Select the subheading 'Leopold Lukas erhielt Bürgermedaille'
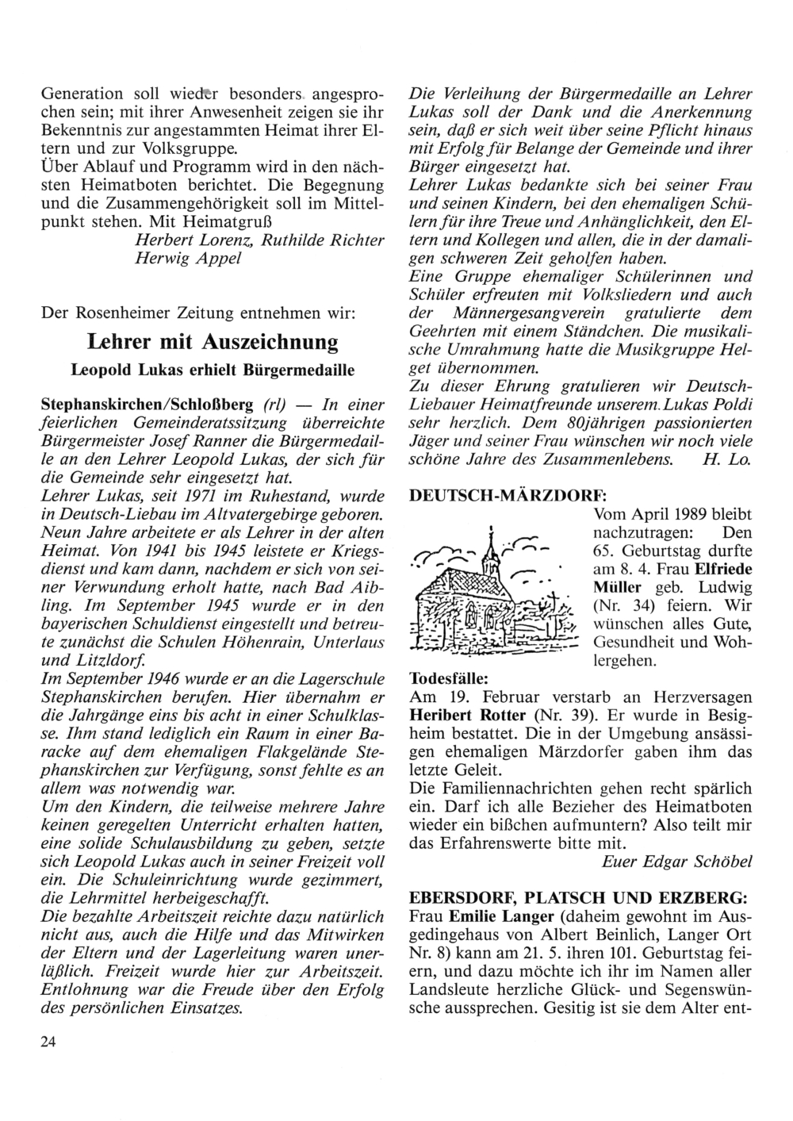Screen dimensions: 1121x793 [212, 370]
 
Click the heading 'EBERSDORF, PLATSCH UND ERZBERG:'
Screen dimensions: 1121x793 [577, 898]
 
